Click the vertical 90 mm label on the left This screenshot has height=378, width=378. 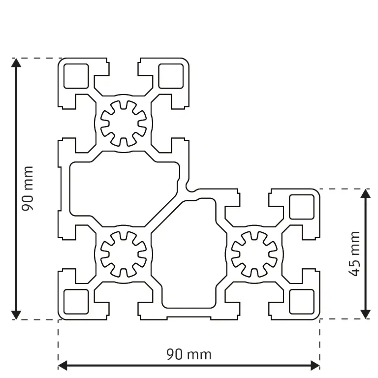(x=28, y=189)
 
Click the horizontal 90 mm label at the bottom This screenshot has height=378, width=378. (x=189, y=354)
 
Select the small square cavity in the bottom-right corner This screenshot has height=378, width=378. (x=301, y=301)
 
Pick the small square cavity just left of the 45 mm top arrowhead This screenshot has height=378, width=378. (x=301, y=207)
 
